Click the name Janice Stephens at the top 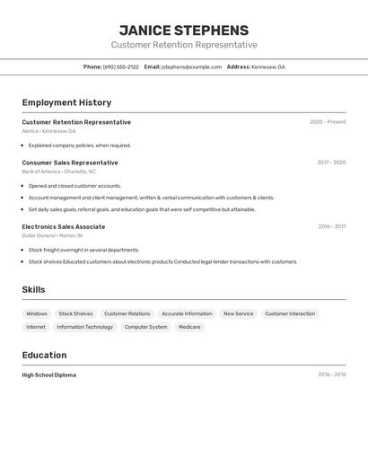tap(184, 30)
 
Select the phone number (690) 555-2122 tap(120, 66)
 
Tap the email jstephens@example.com tap(191, 66)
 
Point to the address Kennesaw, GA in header tap(267, 66)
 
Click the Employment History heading tap(66, 102)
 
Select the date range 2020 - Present tap(328, 122)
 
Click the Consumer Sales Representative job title tap(70, 163)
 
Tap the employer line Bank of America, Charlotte tap(58, 172)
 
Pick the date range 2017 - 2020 tap(331, 163)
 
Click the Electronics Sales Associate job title tap(63, 226)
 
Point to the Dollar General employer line tap(52, 235)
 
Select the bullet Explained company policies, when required tap(79, 145)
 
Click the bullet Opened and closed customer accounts tap(74, 186)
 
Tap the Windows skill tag tap(37, 313)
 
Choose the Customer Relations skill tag tap(127, 313)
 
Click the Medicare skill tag tap(189, 327)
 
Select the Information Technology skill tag tap(85, 327)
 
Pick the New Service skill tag tap(239, 313)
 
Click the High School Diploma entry tap(48, 375)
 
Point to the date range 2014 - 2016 tap(331, 375)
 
